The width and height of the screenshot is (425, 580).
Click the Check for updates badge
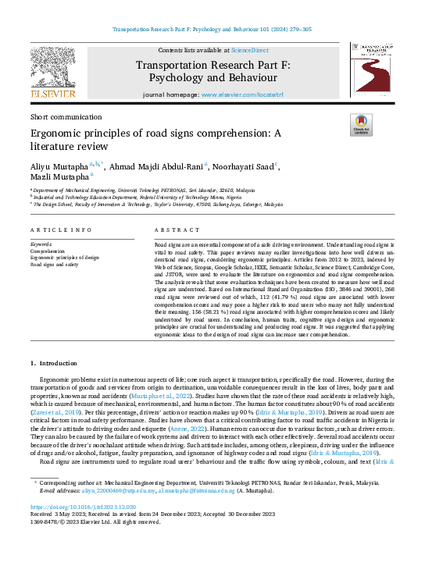361,125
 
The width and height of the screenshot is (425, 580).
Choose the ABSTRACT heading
173,230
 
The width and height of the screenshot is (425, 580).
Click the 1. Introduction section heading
53,363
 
